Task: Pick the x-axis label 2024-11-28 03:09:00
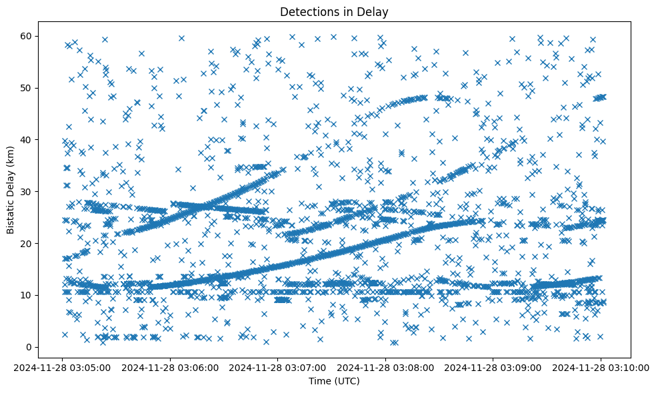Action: [x=494, y=367]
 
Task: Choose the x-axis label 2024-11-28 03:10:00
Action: [x=601, y=367]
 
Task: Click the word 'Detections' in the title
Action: [x=306, y=12]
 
